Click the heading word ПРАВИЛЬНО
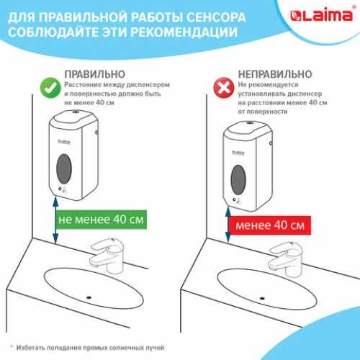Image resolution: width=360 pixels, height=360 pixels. (94, 73)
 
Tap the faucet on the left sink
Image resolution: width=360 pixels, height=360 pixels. (106, 254)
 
